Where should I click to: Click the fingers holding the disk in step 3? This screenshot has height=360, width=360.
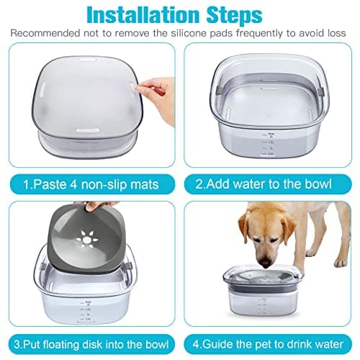[92, 207]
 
